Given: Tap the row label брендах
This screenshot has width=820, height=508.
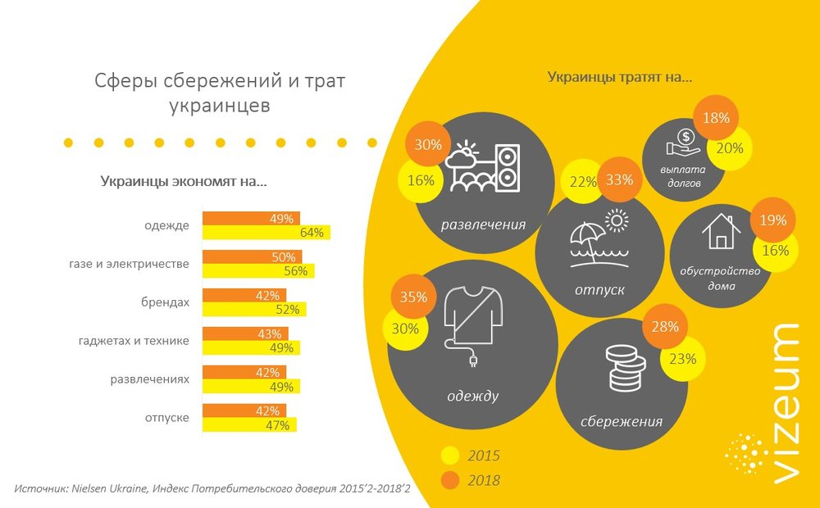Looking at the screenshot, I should [x=166, y=302].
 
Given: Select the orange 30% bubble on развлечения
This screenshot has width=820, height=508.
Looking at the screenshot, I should [x=427, y=145].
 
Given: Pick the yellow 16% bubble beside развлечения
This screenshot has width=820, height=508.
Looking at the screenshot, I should [x=420, y=181].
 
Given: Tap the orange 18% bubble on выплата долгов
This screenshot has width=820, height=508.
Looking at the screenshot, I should [x=716, y=118].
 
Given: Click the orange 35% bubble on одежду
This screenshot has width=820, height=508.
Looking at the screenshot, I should [x=415, y=297].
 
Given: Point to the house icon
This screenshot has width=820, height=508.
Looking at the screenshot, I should [x=719, y=231].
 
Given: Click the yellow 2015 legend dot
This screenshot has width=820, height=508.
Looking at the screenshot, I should [x=450, y=456].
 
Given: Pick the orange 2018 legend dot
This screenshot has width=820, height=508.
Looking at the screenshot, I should [x=450, y=479].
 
